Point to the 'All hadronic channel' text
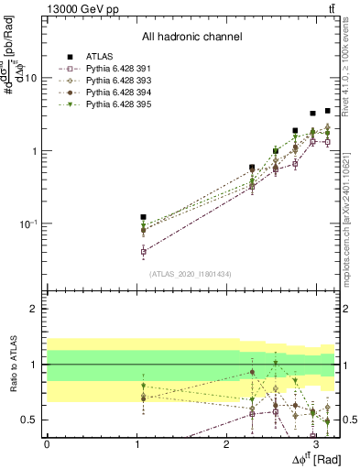[191, 37]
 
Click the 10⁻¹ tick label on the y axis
[29, 224]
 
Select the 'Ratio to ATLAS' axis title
[13, 364]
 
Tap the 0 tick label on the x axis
[47, 443]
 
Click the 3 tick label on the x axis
[315, 443]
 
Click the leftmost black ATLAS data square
[143, 217]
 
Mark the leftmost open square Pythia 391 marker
[143, 251]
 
